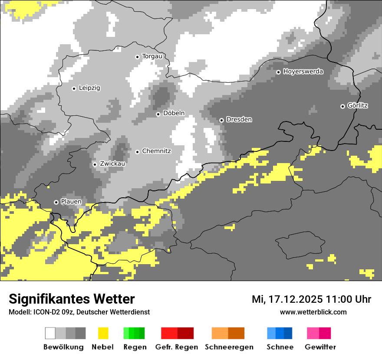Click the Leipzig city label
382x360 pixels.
point(89,88)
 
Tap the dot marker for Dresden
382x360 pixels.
point(221,120)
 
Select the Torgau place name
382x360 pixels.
point(152,56)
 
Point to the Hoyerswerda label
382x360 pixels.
point(303,72)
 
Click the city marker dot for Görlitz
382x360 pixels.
point(342,106)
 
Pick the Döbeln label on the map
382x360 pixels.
point(174,113)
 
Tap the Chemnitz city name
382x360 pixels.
point(156,151)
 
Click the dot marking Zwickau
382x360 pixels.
point(95,164)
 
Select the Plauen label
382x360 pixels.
point(71,202)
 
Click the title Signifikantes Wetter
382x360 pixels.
point(72,299)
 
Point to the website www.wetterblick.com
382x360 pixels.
point(313,312)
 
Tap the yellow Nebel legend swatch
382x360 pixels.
point(103,333)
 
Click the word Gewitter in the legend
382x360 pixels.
point(320,347)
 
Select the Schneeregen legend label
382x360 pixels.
point(229,347)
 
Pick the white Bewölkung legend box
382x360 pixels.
point(50,333)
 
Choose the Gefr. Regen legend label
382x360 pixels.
point(177,347)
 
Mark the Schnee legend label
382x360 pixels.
point(280,347)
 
